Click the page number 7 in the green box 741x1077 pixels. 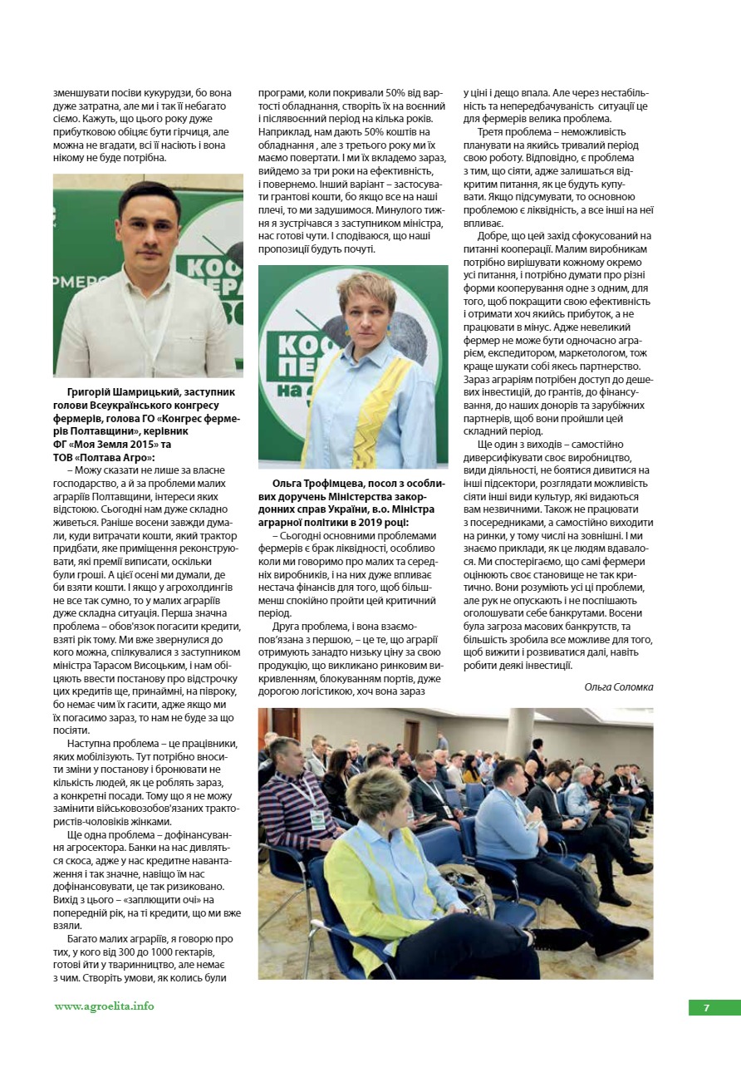[706, 1007]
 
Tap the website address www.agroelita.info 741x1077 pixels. [105, 1006]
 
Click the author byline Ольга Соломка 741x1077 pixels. [619, 686]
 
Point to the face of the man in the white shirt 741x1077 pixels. [150, 228]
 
